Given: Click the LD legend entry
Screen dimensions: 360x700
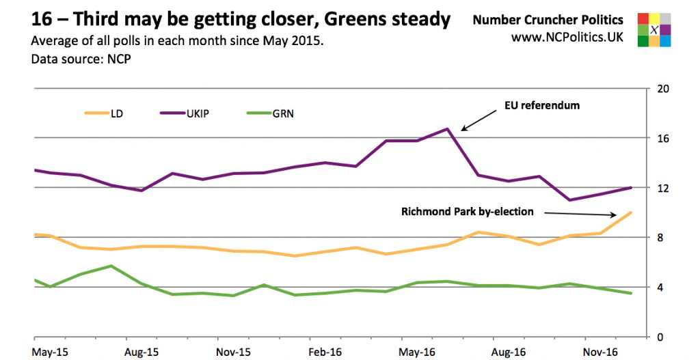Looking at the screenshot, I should [105, 113].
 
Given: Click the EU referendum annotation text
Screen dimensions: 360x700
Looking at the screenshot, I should [542, 105].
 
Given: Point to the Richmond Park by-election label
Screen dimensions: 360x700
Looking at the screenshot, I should [468, 211].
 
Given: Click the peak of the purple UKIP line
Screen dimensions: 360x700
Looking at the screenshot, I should [447, 128].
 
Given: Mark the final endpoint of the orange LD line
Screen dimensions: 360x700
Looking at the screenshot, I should [630, 212].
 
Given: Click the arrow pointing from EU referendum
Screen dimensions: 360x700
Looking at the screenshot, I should [478, 120].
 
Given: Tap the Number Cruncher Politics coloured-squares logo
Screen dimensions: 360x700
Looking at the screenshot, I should [655, 29].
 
